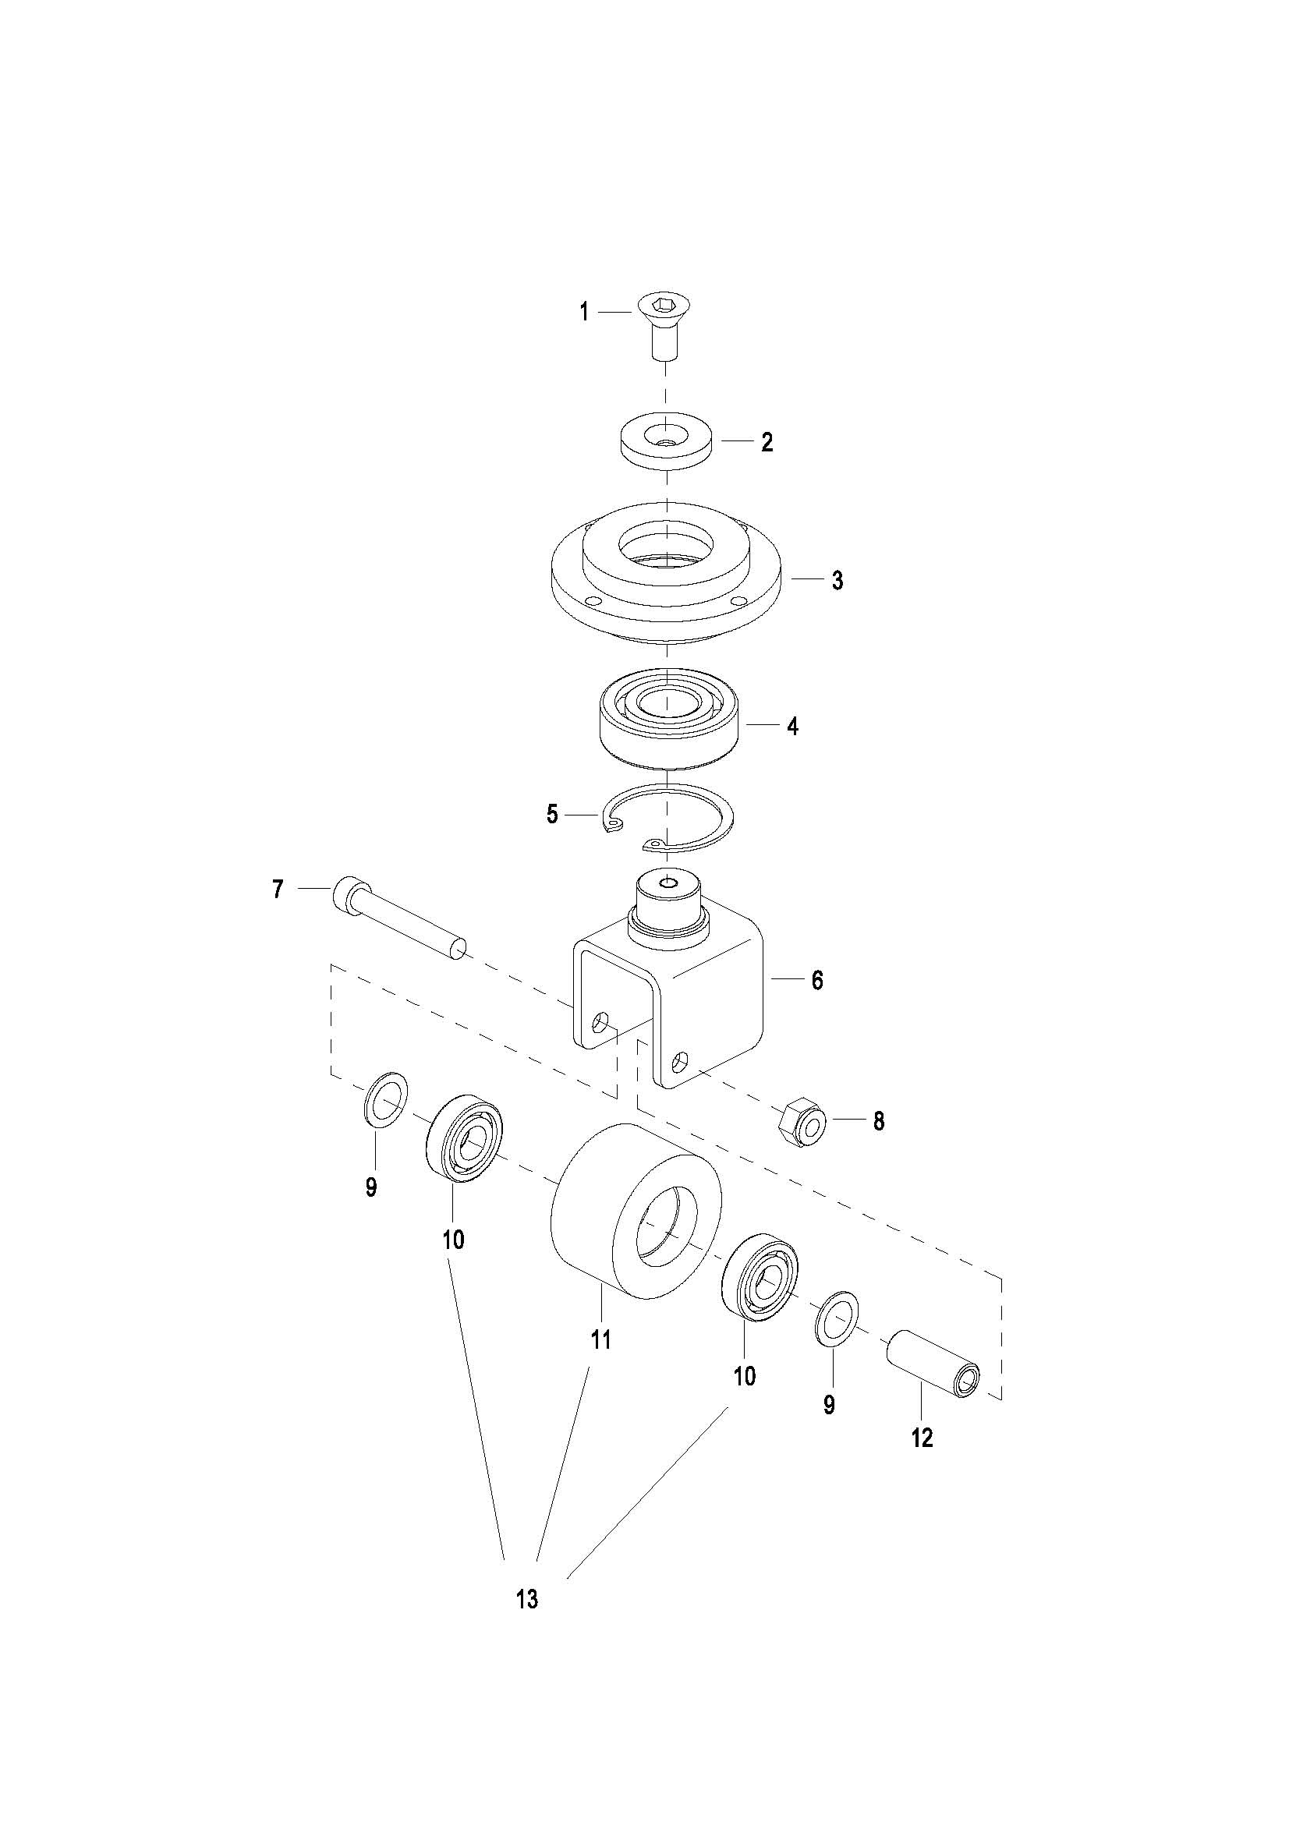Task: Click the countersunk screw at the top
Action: (665, 326)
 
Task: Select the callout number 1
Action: (584, 313)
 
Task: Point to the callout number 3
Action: (837, 580)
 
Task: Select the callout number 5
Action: (552, 814)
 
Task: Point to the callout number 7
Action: (277, 890)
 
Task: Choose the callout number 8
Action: (879, 1121)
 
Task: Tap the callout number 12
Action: (922, 1437)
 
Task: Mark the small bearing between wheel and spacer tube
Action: (761, 1278)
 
